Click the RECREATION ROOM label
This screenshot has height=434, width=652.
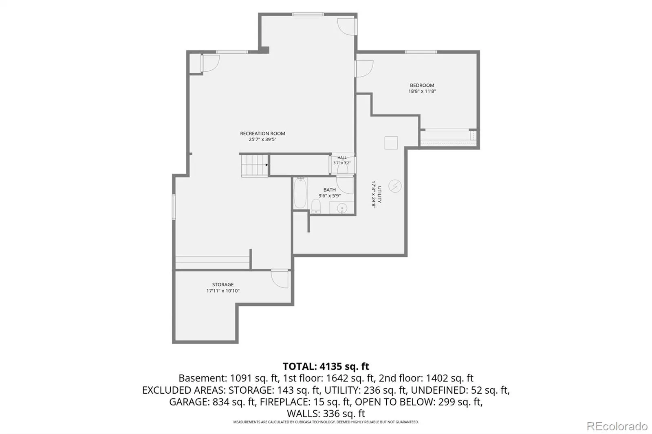click(262, 134)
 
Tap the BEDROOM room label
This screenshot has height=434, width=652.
click(422, 85)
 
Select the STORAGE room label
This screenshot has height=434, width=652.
click(222, 285)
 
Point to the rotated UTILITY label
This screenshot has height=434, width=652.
click(379, 194)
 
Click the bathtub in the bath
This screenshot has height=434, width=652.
click(300, 193)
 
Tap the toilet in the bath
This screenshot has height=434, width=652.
click(316, 206)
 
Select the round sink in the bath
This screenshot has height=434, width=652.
click(342, 208)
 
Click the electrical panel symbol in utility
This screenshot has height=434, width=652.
click(395, 186)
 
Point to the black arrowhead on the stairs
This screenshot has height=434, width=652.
click(267, 165)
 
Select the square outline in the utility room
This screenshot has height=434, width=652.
click(391, 143)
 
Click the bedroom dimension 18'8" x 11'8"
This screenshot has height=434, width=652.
click(422, 91)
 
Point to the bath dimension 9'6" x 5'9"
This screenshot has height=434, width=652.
click(330, 196)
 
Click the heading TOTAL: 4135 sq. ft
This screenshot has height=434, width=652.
click(326, 366)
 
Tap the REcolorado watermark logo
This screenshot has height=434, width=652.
click(617, 426)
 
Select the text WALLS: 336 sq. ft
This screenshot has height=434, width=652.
click(326, 413)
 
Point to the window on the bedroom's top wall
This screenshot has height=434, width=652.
click(421, 52)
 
